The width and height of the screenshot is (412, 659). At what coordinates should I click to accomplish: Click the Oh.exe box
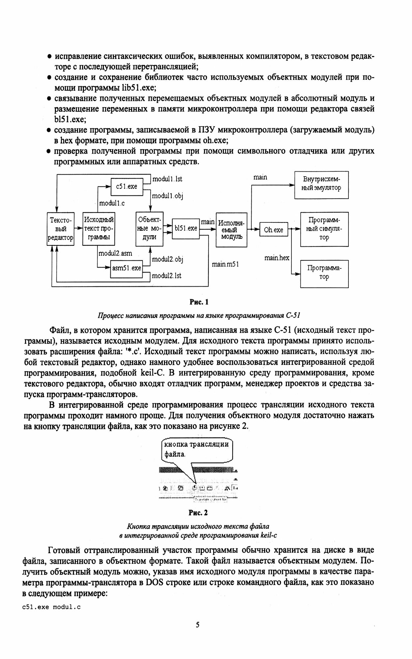273,230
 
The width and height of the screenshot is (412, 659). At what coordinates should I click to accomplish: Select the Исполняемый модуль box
231,229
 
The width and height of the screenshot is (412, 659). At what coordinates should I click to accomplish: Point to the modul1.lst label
167,179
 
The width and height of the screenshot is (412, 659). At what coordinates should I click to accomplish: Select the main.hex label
277,258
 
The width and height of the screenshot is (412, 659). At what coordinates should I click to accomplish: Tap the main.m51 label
225,264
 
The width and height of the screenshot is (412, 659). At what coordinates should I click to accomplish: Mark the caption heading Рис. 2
198,513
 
